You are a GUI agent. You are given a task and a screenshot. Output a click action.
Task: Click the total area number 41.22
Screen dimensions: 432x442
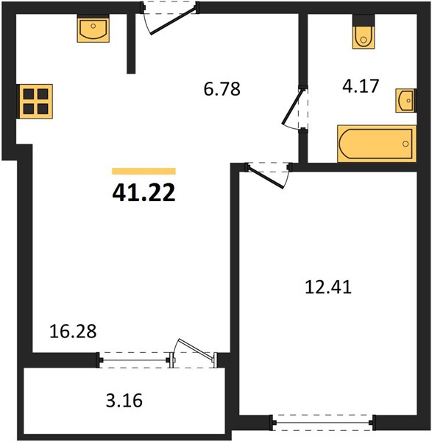click(144, 193)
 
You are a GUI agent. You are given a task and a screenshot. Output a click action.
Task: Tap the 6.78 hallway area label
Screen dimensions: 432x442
click(222, 89)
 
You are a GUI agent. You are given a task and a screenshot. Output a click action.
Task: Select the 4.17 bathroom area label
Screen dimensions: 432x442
click(361, 86)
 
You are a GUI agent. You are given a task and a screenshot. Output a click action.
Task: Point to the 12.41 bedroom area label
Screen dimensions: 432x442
click(328, 287)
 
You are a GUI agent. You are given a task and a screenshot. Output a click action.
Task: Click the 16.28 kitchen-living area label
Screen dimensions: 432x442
click(73, 331)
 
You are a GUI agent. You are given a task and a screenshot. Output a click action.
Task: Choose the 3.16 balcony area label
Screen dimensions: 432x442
click(124, 400)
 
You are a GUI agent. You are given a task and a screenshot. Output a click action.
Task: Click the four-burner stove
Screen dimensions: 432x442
click(35, 101)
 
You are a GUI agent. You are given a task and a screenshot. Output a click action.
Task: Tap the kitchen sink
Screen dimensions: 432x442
click(93, 29)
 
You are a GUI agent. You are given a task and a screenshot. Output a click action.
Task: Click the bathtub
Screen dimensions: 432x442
click(377, 144)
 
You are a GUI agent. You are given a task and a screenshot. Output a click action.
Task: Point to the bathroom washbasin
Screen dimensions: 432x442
click(406, 100)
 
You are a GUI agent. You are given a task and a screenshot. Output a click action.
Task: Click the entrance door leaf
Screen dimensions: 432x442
click(173, 21)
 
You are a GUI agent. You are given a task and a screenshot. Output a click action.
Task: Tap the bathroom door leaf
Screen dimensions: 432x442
click(293, 107)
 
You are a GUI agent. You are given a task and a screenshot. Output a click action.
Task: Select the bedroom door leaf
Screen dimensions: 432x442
click(266, 178)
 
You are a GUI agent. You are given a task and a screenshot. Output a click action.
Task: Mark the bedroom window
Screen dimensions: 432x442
click(322, 422)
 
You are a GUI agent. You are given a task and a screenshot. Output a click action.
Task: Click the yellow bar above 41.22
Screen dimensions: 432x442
click(144, 171)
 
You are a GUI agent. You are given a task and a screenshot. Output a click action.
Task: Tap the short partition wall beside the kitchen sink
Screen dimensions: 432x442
click(131, 43)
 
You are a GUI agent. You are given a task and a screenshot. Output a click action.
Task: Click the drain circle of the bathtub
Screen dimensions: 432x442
click(406, 144)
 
